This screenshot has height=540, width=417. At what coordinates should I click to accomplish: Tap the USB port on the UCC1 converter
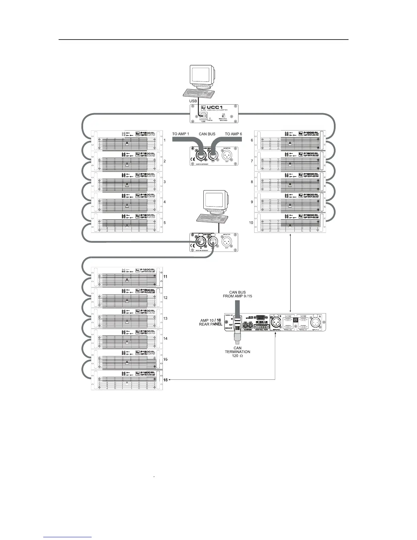(x=203, y=116)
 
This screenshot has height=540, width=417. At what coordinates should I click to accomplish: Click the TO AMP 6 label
(x=233, y=134)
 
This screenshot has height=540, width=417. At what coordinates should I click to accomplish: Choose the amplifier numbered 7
(x=290, y=161)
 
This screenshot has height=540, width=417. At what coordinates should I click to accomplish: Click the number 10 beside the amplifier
(x=251, y=223)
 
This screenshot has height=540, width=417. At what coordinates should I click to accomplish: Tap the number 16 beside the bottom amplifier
(x=166, y=379)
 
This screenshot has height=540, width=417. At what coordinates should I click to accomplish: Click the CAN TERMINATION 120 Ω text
(x=237, y=352)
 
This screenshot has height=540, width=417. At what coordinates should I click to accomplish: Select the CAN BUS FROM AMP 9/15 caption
(x=237, y=294)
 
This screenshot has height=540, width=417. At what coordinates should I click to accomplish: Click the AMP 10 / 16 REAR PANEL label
(x=211, y=322)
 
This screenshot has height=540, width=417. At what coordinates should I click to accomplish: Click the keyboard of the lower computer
(x=212, y=217)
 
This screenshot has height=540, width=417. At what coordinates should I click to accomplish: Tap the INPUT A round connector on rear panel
(x=314, y=322)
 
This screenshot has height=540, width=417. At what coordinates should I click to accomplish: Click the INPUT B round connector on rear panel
(x=275, y=322)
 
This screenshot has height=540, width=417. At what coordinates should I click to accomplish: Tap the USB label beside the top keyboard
(x=193, y=101)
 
